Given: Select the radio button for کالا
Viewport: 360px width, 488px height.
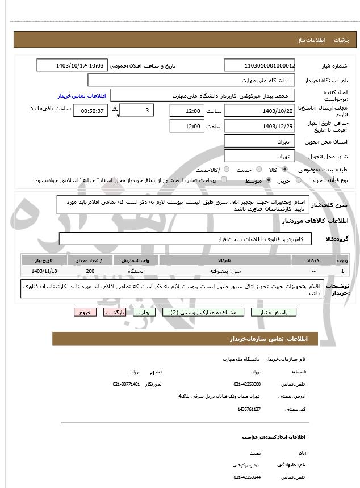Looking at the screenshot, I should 284,170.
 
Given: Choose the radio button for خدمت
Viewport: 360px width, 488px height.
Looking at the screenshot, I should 258,170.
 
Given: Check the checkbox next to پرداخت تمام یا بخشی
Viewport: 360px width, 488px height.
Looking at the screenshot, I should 223,180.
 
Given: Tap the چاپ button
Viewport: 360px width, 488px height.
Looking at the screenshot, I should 145,312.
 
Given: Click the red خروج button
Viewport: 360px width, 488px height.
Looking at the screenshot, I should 85,312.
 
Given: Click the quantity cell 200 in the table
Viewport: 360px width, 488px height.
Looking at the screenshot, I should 90,271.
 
